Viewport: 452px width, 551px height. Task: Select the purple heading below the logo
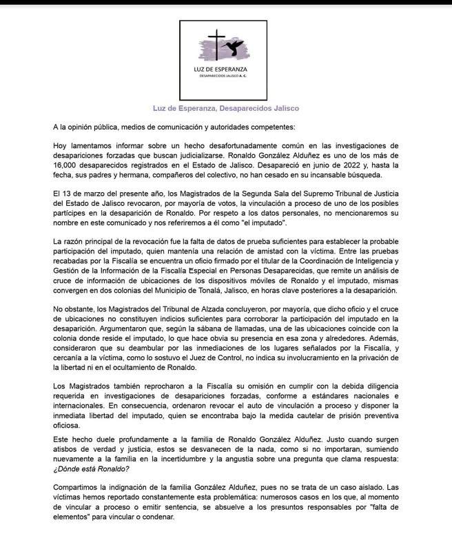point(225,108)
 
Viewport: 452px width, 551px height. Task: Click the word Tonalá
point(243,290)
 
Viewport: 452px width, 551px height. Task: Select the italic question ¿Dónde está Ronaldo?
point(91,468)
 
